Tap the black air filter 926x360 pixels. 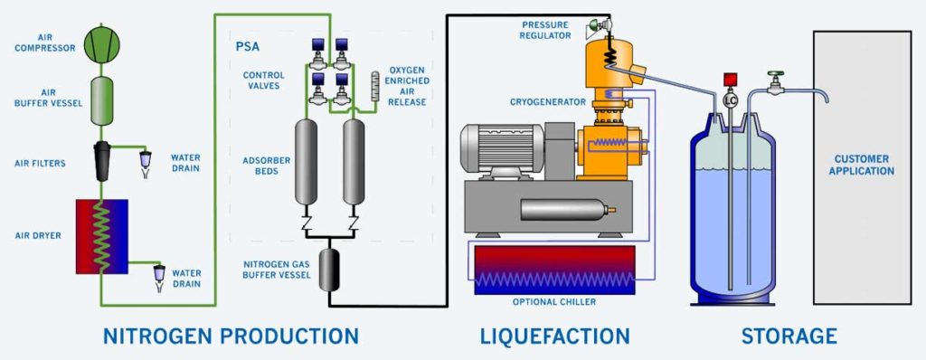[101, 159]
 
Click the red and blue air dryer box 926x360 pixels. [101, 234]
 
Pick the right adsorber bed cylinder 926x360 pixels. [353, 164]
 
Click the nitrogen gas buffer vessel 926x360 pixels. [329, 269]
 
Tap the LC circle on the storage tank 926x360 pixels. [731, 101]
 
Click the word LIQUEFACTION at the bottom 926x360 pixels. [553, 336]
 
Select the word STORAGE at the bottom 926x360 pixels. [789, 336]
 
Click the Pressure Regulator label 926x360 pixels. [546, 29]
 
